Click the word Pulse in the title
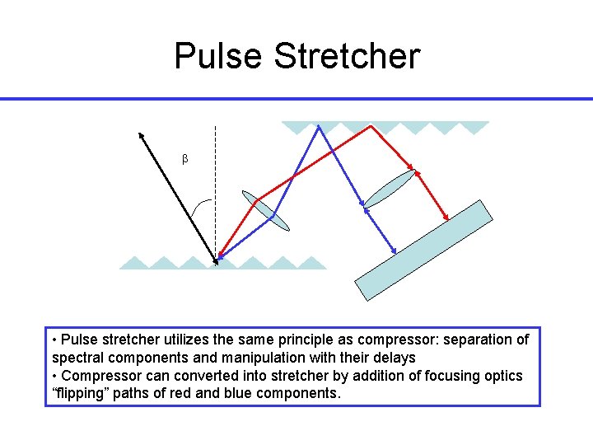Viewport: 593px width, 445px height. (218, 56)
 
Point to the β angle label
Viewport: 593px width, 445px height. (184, 158)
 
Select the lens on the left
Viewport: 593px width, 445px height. (267, 211)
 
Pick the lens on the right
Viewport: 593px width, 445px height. (389, 190)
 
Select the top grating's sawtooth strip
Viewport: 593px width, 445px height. (385, 127)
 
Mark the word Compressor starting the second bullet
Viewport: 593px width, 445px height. (97, 376)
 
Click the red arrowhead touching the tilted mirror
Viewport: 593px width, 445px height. (446, 218)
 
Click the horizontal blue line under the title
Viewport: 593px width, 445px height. (296, 99)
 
